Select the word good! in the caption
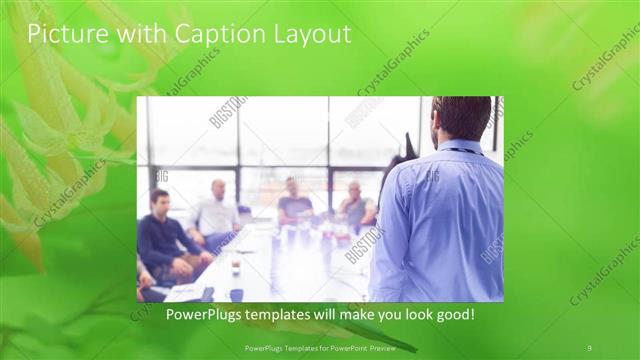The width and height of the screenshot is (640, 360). pyautogui.click(x=453, y=315)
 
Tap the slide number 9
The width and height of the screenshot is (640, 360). pyautogui.click(x=589, y=347)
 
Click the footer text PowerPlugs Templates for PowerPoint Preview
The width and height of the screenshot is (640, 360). pyautogui.click(x=319, y=347)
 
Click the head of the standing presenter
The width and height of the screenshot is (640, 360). pyautogui.click(x=463, y=118)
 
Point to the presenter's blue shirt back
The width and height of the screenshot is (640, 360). pyautogui.click(x=450, y=220)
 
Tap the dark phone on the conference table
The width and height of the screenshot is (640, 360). pyautogui.click(x=208, y=293)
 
